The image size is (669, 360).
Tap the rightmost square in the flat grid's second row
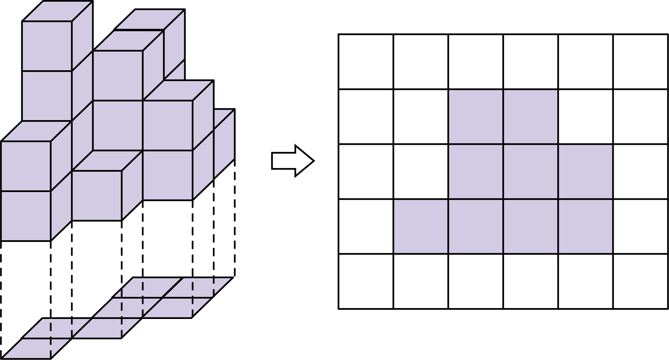[585, 171]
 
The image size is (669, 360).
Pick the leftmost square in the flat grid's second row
[476, 171]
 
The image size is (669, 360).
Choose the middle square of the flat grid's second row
[530, 171]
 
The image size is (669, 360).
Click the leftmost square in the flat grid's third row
[421, 226]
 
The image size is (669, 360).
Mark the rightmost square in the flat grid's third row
[585, 226]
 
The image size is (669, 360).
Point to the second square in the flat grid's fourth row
[476, 282]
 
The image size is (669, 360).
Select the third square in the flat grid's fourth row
[530, 282]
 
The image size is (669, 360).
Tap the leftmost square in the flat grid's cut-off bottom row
[421, 336]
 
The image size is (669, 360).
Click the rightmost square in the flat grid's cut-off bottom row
[585, 336]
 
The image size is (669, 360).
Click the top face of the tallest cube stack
[58, 12]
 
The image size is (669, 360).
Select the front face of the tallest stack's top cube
[47, 46]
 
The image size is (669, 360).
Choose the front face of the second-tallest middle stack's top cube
[118, 75]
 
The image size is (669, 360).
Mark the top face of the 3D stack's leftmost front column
[37, 132]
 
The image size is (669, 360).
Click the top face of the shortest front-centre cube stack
[107, 161]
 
